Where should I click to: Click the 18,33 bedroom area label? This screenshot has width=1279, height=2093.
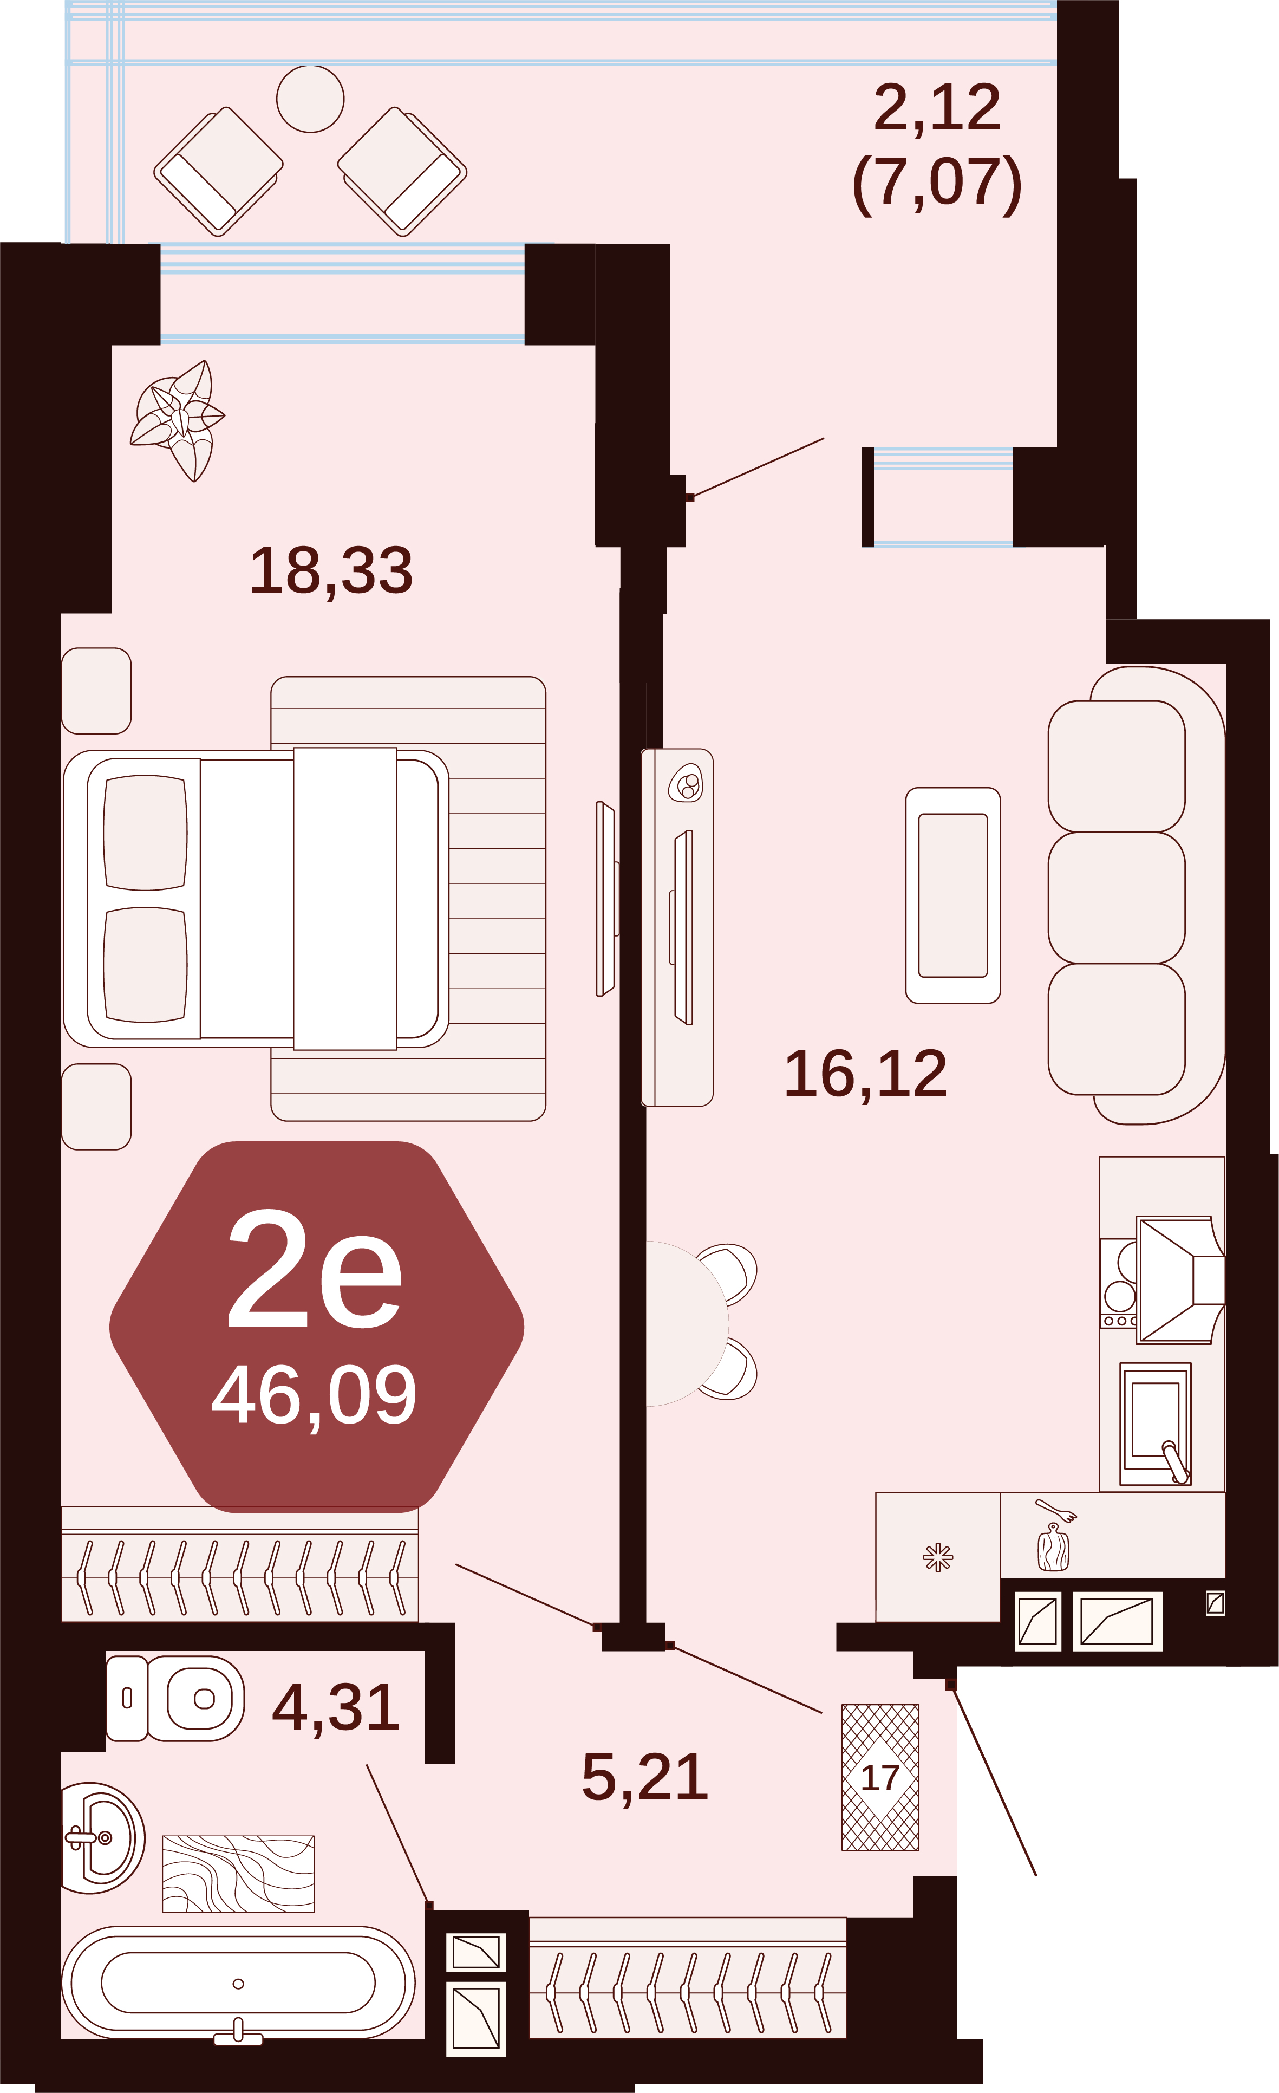tap(331, 570)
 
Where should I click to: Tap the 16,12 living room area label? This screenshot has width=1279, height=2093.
tap(865, 1074)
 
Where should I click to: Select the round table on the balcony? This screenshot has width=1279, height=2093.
tap(310, 99)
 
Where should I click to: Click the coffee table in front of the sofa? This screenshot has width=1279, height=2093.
tap(953, 895)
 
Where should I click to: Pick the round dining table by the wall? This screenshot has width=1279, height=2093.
tap(686, 1323)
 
